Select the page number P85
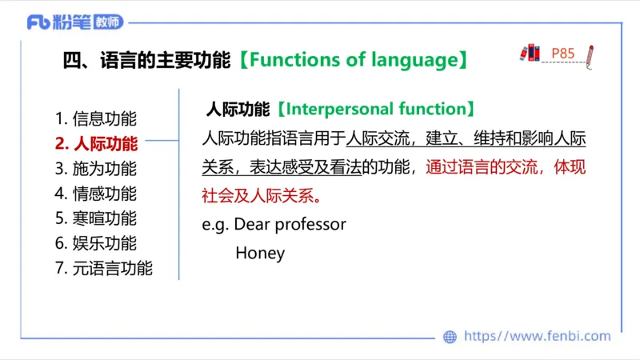coord(563,54)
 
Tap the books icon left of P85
coord(530,54)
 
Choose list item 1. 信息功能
coord(96,118)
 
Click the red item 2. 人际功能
coord(96,144)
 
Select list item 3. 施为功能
coord(96,169)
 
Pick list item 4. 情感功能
coord(96,194)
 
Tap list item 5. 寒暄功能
coord(96,218)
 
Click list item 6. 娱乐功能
coord(96,243)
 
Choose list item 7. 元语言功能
coord(104,268)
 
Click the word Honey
coord(260,253)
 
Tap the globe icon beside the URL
coord(450,337)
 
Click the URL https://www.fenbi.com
coord(537,337)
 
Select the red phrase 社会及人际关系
coord(259,194)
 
